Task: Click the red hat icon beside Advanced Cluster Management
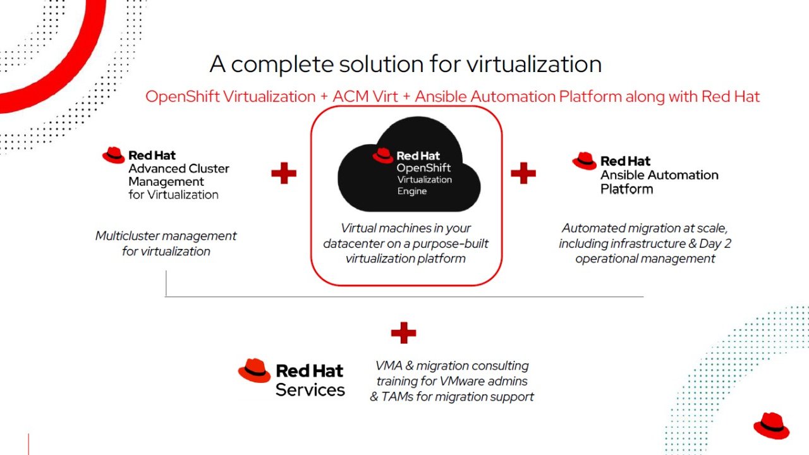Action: pos(114,155)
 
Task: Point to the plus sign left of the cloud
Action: pos(284,173)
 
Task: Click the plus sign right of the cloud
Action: pos(523,173)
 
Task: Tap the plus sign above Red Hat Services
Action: pos(403,332)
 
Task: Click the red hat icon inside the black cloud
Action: pos(383,155)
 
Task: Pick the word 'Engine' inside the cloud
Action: pos(412,191)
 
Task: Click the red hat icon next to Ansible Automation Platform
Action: pos(585,161)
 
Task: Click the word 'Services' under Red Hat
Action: pos(310,390)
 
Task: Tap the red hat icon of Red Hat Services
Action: pos(254,371)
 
